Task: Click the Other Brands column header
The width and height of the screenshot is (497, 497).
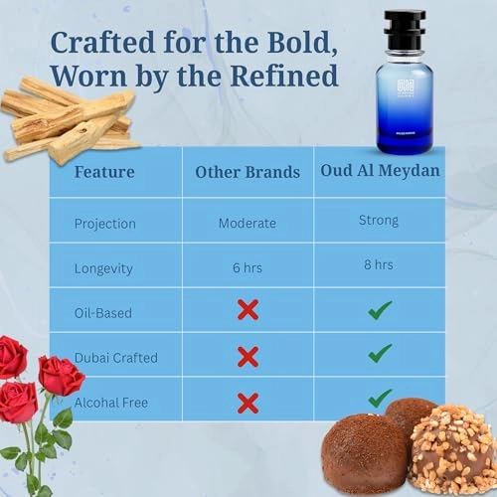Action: click(247, 172)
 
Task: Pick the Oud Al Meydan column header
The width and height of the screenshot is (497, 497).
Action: click(380, 171)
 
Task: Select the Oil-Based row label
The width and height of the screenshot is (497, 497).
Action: click(103, 312)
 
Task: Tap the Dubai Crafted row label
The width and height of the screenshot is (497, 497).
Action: click(115, 356)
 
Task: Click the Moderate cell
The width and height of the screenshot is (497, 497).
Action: click(248, 224)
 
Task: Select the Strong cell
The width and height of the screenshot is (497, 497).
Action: click(379, 221)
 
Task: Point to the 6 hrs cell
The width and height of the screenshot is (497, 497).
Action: click(248, 267)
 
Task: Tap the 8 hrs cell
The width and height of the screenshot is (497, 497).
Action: click(379, 265)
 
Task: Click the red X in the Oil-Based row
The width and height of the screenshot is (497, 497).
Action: click(248, 310)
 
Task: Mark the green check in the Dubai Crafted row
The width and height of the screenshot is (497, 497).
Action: click(379, 354)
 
